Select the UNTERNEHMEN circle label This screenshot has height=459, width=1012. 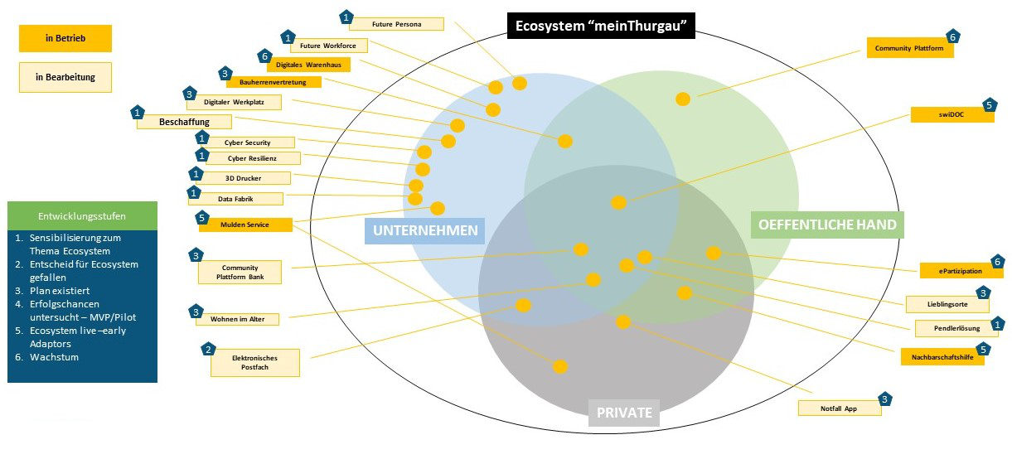[424, 230]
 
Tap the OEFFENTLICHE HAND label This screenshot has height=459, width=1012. [827, 225]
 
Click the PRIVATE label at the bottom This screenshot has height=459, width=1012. [624, 413]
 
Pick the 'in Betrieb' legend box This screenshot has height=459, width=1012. [65, 38]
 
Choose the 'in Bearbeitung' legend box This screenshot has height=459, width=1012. [65, 77]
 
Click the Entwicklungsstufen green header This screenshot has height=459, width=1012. [82, 216]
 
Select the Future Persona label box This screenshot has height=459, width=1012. [396, 24]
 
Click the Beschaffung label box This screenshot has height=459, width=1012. [184, 122]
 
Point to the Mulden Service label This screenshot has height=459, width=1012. [245, 225]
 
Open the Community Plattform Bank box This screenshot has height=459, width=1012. [240, 273]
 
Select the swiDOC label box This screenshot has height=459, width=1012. [951, 115]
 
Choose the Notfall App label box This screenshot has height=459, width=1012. [839, 408]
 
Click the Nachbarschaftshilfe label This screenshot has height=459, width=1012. [942, 357]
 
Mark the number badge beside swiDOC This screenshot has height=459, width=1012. [988, 105]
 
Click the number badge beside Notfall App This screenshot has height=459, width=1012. [885, 399]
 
